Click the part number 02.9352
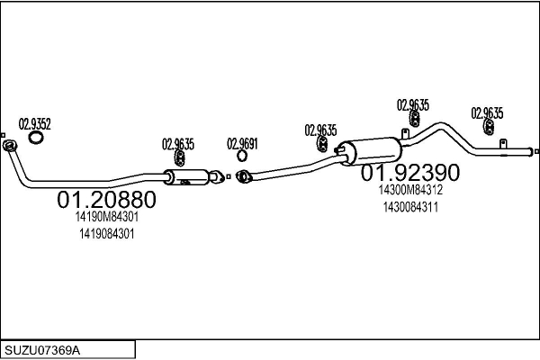[x=35, y=124]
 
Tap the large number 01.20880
[x=106, y=199]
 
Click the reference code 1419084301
[x=106, y=234]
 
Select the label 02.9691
[x=242, y=142]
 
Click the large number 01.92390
[x=410, y=172]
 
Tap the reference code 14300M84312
[x=411, y=190]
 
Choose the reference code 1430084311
[x=410, y=207]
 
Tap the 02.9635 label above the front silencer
[x=178, y=142]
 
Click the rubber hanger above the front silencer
[x=178, y=158]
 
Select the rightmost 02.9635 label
[x=487, y=112]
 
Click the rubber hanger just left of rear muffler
[x=321, y=144]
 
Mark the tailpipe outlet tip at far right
[x=535, y=151]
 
